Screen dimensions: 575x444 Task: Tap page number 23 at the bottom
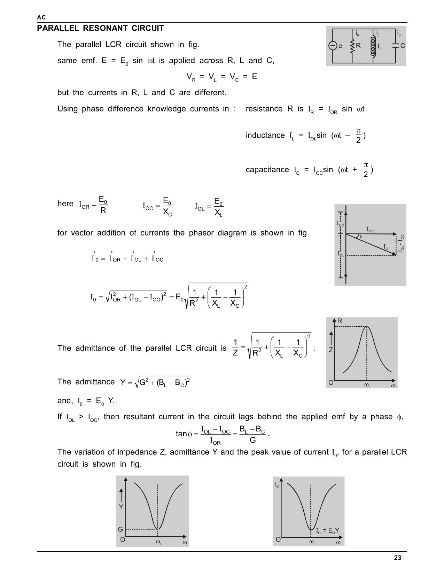pyautogui.click(x=398, y=558)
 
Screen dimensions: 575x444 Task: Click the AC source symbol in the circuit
pyautogui.click(x=333, y=46)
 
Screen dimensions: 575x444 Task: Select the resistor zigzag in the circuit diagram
pyautogui.click(x=352, y=46)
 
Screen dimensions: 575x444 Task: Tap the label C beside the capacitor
pyautogui.click(x=403, y=46)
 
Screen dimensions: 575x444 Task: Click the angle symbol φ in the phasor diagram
pyautogui.click(x=360, y=236)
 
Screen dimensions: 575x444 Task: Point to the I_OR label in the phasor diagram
pyautogui.click(x=370, y=229)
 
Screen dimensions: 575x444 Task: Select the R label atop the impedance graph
pyautogui.click(x=340, y=321)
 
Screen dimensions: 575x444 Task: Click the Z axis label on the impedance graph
pyautogui.click(x=331, y=350)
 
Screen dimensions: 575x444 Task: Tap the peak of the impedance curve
pyautogui.click(x=367, y=327)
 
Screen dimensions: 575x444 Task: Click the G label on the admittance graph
pyautogui.click(x=120, y=529)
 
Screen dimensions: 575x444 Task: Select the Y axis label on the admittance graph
pyautogui.click(x=121, y=507)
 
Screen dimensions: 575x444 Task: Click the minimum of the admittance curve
pyautogui.click(x=158, y=529)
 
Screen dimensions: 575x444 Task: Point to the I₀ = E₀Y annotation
pyautogui.click(x=328, y=531)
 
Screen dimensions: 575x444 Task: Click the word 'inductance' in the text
pyautogui.click(x=265, y=136)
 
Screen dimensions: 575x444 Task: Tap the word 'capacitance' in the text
pyautogui.click(x=267, y=170)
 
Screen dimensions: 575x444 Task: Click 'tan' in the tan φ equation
pyautogui.click(x=181, y=434)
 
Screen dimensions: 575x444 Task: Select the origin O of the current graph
pyautogui.click(x=278, y=540)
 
